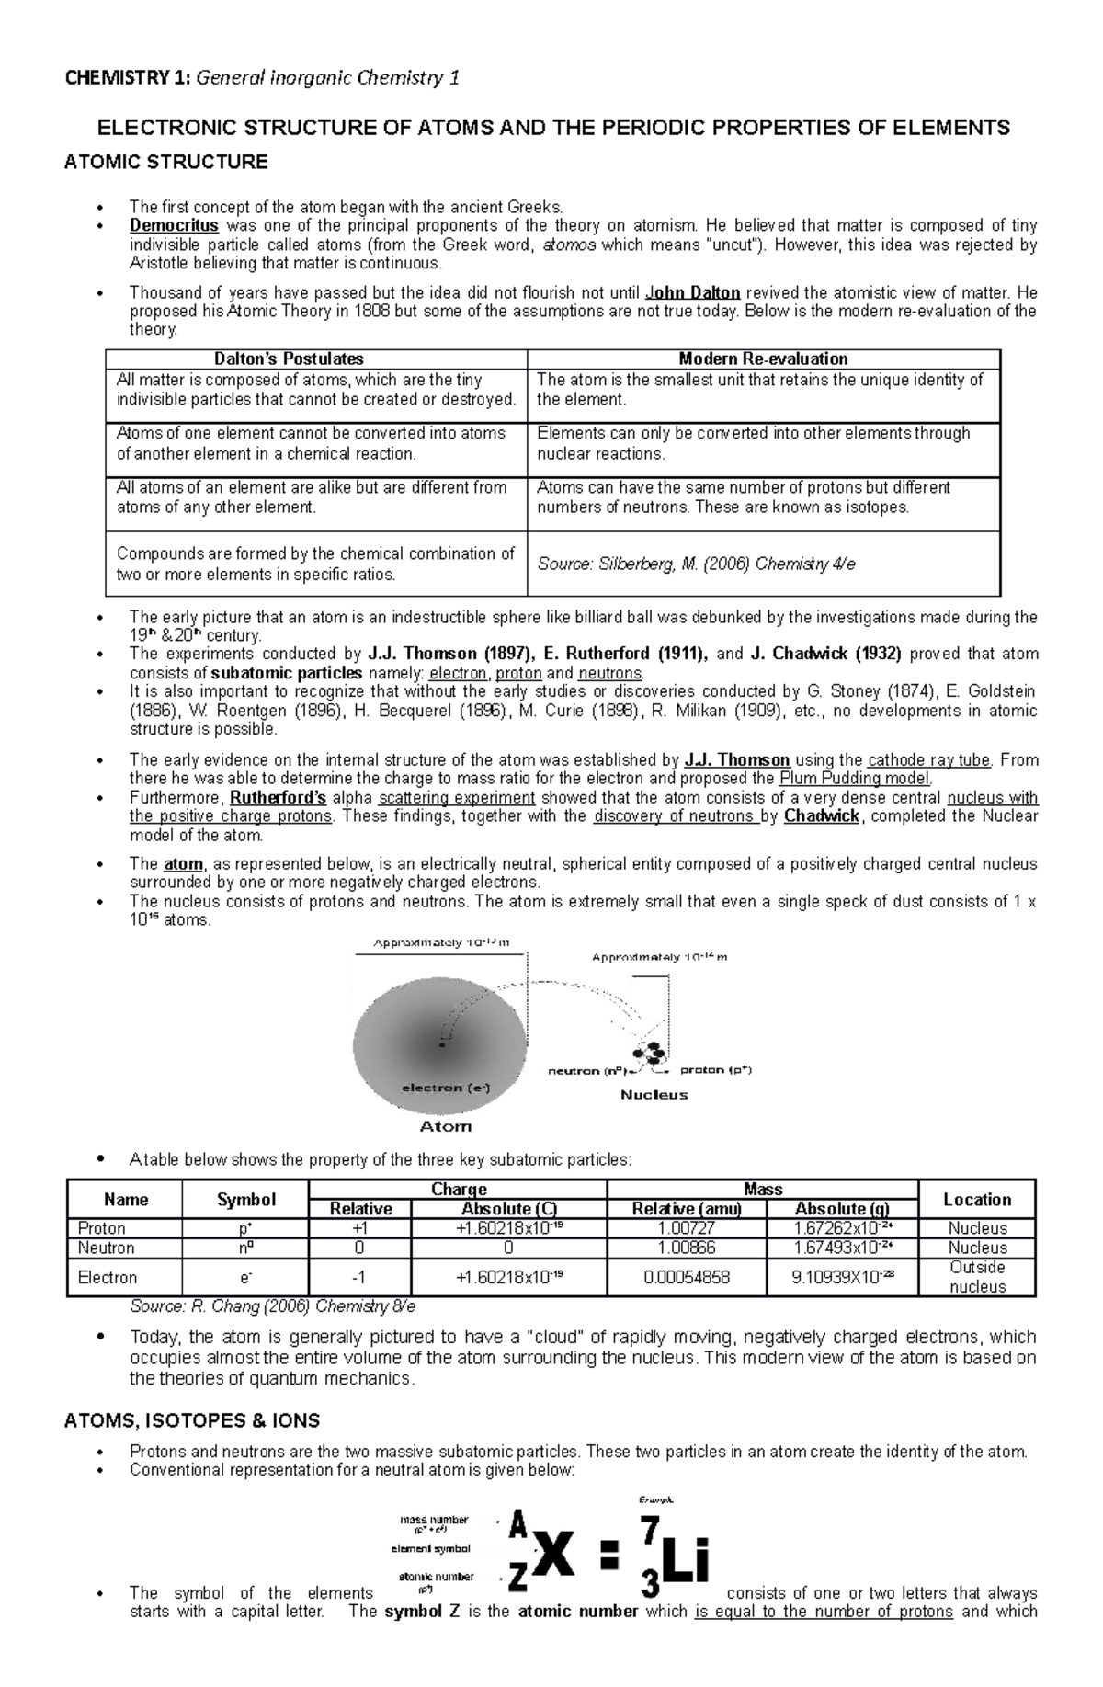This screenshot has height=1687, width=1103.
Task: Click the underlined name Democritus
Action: (x=174, y=225)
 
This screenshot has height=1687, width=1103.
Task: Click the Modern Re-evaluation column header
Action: (x=763, y=359)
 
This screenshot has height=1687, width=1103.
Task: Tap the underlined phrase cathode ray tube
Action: (x=929, y=759)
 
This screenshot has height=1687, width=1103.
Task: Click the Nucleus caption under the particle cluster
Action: (x=654, y=1094)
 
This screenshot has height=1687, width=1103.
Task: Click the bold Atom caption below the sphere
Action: (x=445, y=1126)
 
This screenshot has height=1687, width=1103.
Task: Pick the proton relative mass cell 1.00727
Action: (x=687, y=1228)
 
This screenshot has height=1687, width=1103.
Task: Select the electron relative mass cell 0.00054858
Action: (x=687, y=1277)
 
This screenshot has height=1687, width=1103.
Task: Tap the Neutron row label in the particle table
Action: (x=106, y=1248)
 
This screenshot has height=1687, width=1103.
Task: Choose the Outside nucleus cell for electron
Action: (x=977, y=1277)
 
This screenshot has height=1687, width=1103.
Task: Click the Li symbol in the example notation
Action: (x=685, y=1564)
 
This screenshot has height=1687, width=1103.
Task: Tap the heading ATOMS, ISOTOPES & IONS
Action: (x=191, y=1420)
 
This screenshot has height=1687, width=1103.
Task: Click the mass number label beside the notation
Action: (x=432, y=1520)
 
